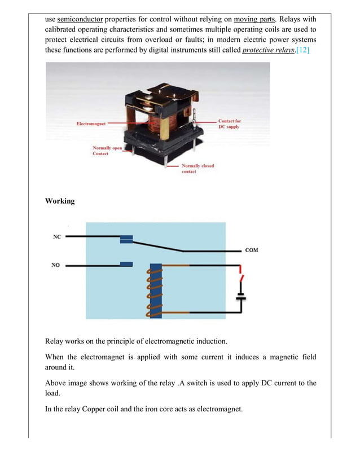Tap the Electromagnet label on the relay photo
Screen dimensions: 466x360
click(x=91, y=124)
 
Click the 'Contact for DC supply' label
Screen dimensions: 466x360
click(x=229, y=124)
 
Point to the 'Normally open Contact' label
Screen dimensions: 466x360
click(x=107, y=151)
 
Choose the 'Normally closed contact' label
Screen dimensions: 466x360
click(x=197, y=168)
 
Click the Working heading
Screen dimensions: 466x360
click(x=60, y=201)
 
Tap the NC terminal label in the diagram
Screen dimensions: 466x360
click(x=57, y=237)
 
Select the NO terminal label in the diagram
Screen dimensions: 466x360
click(x=56, y=265)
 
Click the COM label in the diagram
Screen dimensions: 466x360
click(x=252, y=250)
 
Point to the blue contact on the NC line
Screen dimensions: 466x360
click(x=127, y=239)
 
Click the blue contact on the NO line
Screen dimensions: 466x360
click(x=127, y=264)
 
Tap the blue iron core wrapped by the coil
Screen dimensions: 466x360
click(x=156, y=291)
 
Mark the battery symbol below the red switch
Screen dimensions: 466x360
click(x=241, y=297)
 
